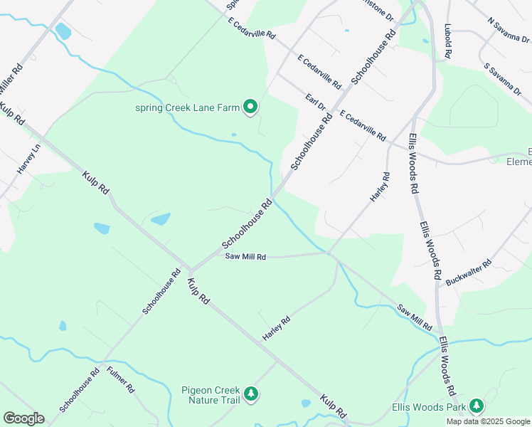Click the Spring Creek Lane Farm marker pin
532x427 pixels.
coord(250,107)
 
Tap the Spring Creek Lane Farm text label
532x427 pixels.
coord(187,108)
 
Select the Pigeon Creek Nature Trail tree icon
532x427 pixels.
coord(250,394)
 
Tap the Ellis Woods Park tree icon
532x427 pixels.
coord(476,406)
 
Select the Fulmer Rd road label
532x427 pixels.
coord(120,379)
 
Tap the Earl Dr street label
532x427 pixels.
coord(315,102)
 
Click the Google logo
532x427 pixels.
coord(23,418)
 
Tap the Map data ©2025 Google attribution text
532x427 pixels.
coord(488,421)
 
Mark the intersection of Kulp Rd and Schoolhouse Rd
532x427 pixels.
coord(189,270)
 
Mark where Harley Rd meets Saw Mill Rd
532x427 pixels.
coord(329,252)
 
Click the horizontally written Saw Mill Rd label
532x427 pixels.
coord(245,256)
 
